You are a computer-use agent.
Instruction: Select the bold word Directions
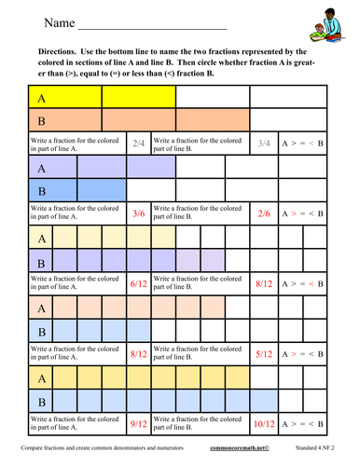(x=65, y=54)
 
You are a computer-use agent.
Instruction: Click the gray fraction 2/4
(x=139, y=144)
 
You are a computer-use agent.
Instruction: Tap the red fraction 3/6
(x=139, y=213)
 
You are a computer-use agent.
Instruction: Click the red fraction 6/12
(x=139, y=283)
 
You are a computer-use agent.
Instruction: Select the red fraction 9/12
(x=139, y=423)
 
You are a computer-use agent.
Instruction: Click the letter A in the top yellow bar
(x=41, y=97)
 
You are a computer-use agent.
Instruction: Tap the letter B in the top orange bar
(x=41, y=121)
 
